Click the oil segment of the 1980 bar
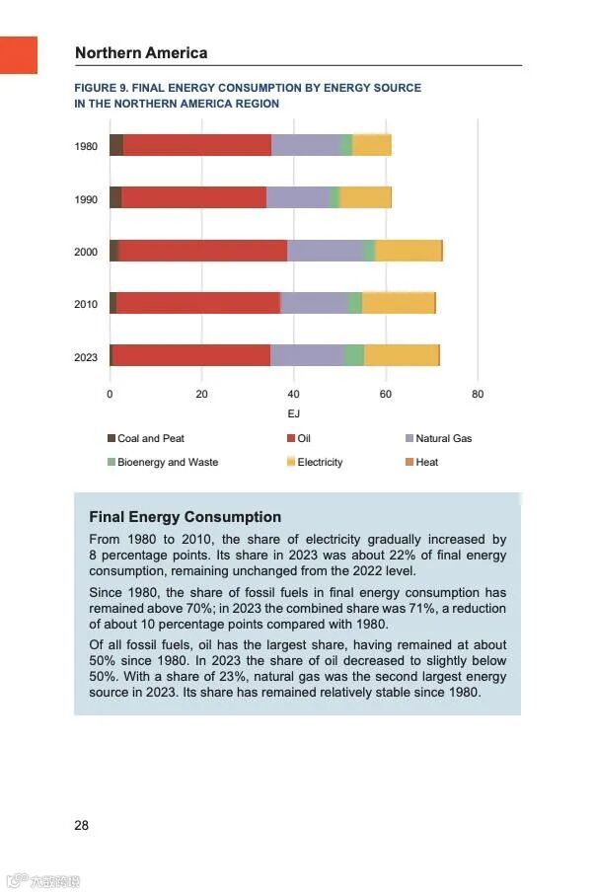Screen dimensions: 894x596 pyautogui.click(x=197, y=145)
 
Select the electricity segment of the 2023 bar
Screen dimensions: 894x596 pyautogui.click(x=402, y=355)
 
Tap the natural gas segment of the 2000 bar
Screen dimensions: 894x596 pyautogui.click(x=325, y=251)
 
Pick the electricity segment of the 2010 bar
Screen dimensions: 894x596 pyautogui.click(x=398, y=303)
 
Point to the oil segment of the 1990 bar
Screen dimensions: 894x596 pyautogui.click(x=193, y=197)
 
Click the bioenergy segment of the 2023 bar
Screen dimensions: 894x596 pyautogui.click(x=354, y=355)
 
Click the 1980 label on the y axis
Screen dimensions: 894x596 pyautogui.click(x=86, y=146)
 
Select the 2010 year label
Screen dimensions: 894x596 pyautogui.click(x=86, y=304)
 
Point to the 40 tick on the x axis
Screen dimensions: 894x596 pyautogui.click(x=294, y=394)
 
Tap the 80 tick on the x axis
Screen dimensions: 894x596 pyautogui.click(x=478, y=394)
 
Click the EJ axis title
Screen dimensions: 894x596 pyautogui.click(x=293, y=412)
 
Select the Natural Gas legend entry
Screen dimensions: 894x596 pyautogui.click(x=443, y=438)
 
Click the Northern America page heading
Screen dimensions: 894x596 pyautogui.click(x=141, y=53)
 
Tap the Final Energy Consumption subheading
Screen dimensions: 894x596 pyautogui.click(x=185, y=516)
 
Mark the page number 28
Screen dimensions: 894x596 pyautogui.click(x=81, y=825)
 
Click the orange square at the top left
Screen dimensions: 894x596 pyautogui.click(x=18, y=54)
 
